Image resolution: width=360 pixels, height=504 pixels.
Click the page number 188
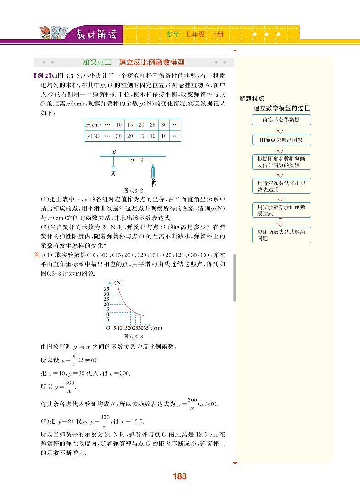click(179, 476)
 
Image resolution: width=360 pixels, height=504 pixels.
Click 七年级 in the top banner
click(195, 34)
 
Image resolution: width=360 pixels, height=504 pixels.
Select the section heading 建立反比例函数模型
click(151, 62)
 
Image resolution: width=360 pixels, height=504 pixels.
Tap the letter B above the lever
click(114, 152)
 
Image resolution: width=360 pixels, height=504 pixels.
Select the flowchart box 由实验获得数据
click(281, 120)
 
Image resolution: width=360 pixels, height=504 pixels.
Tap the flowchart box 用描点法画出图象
click(281, 139)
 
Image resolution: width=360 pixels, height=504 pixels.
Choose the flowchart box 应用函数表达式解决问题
click(281, 235)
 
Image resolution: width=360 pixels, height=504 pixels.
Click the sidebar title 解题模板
click(252, 99)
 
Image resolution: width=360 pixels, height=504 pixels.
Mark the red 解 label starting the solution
click(37, 255)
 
